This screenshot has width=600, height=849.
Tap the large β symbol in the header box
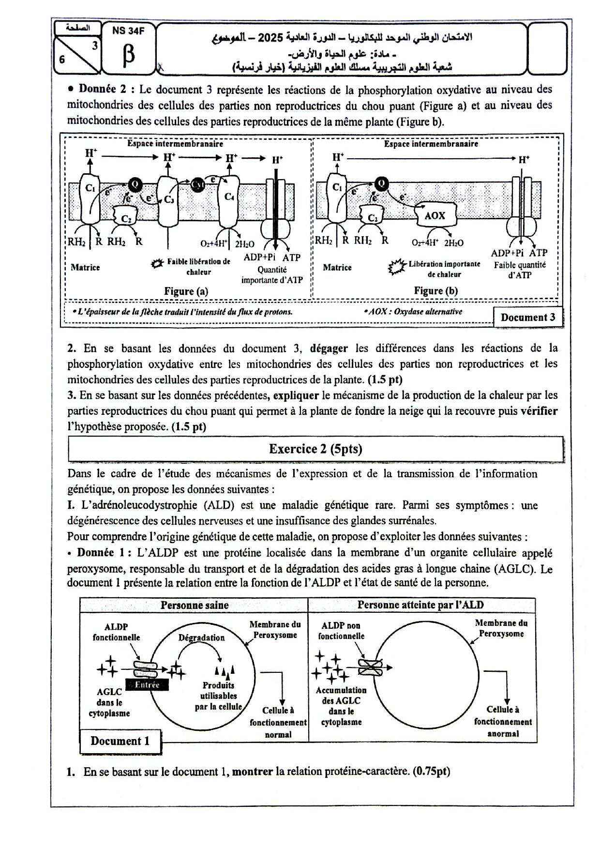129,55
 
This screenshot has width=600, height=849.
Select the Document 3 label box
528,318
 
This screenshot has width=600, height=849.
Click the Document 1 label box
120,741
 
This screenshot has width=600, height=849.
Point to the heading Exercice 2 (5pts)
315,449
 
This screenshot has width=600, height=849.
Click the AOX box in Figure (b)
434,216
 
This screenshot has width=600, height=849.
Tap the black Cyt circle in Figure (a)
197,184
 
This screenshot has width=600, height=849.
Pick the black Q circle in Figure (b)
381,183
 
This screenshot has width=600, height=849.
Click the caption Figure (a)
186,291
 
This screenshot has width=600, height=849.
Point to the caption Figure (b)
435,290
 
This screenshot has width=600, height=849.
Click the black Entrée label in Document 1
147,684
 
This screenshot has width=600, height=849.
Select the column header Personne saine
195,605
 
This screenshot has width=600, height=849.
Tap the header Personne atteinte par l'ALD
420,605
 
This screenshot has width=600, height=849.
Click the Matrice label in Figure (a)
85,267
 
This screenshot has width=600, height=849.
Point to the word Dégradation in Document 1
201,637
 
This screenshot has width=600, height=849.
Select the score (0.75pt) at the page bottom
432,772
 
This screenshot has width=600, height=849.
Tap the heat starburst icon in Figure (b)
397,267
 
